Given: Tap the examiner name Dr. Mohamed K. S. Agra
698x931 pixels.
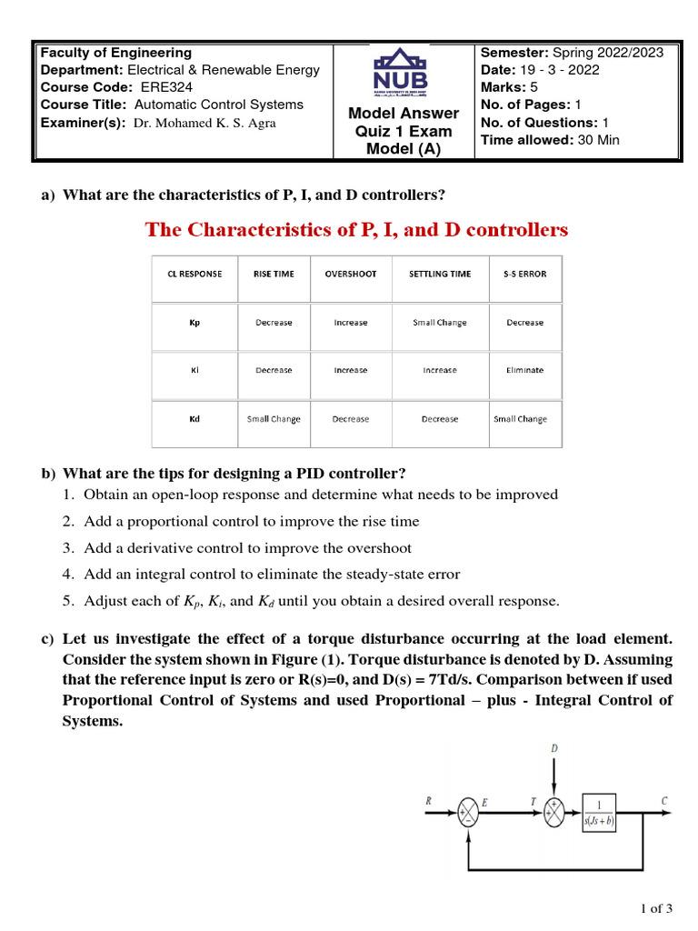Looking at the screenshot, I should pos(204,123).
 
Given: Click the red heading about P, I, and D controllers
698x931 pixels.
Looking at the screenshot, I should pos(356,230).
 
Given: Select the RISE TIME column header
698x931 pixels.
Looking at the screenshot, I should pos(274,274).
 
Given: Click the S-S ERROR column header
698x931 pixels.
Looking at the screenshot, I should pos(524,274).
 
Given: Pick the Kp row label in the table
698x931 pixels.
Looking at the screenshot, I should pos(194,323).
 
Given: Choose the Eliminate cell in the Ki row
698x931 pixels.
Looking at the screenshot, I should pos(524,370).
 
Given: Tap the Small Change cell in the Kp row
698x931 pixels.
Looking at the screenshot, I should pos(439,323).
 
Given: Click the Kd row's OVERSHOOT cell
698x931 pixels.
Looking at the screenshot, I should pos(350,419).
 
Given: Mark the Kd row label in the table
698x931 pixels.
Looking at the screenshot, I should pos(194,419).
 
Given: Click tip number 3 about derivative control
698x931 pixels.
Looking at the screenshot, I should pos(247,548).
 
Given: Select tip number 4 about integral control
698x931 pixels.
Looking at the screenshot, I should pos(272,575).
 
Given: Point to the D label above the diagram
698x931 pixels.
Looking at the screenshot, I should pos(554,748).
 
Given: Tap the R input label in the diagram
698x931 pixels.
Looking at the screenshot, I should pos(428,801).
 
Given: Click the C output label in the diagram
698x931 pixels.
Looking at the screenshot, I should pos(664,801).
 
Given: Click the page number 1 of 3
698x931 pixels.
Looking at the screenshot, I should pos(656,908).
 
